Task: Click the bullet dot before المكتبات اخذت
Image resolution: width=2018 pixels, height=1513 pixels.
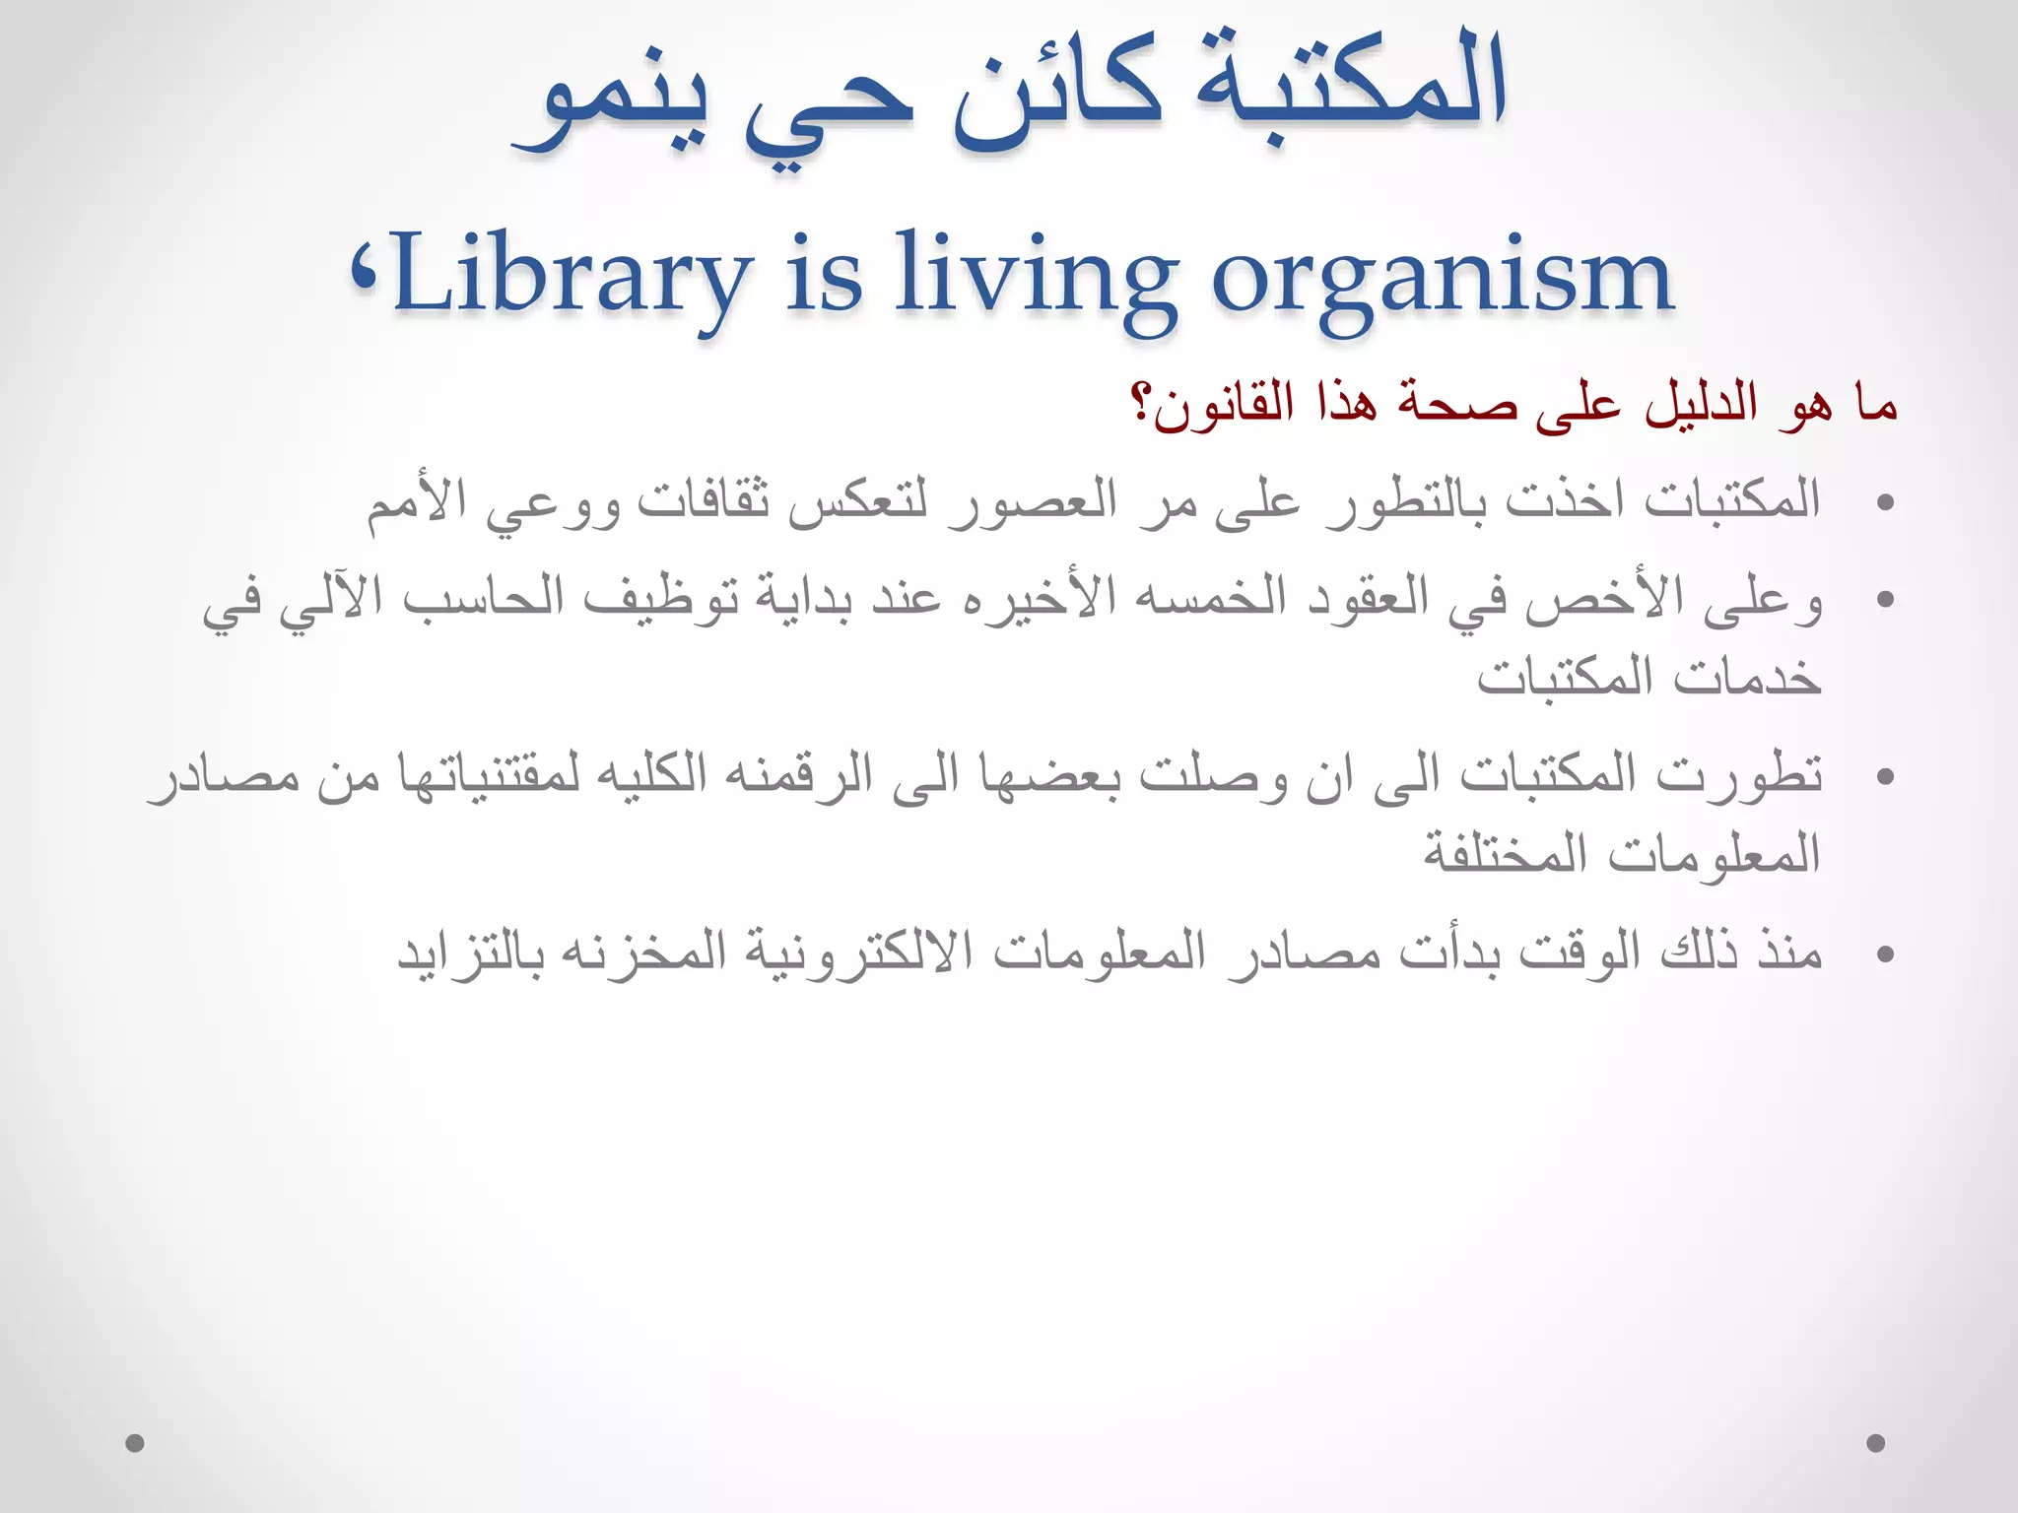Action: [x=1886, y=502]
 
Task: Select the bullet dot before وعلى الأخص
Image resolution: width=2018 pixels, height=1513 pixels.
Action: [x=1886, y=599]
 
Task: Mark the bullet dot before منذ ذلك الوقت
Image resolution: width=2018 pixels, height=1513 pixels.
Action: [x=1886, y=954]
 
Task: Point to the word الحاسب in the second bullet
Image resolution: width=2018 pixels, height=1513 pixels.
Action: [x=483, y=597]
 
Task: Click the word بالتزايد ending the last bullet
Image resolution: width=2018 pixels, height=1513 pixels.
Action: [x=469, y=952]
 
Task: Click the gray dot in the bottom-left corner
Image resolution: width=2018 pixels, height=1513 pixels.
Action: [x=136, y=1443]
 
